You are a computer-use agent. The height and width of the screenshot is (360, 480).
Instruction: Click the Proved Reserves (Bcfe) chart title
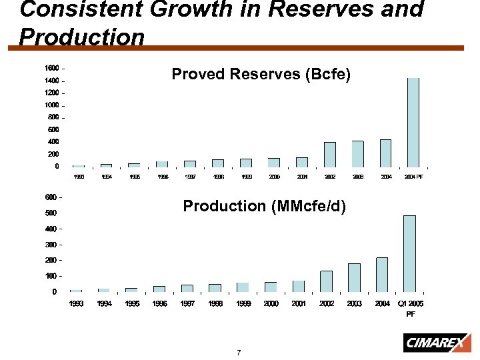pyautogui.click(x=260, y=74)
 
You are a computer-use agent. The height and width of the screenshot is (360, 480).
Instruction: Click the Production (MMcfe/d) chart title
pyautogui.click(x=264, y=206)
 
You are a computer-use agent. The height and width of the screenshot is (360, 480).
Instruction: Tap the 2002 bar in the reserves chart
pyautogui.click(x=329, y=154)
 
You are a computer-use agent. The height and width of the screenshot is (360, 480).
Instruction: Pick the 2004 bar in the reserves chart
pyautogui.click(x=385, y=153)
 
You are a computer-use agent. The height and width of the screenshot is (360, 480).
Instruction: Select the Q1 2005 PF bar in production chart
pyautogui.click(x=409, y=253)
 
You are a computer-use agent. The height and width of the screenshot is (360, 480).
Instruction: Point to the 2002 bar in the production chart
pyautogui.click(x=326, y=281)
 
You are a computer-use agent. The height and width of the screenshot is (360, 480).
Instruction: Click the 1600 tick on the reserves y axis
pyautogui.click(x=51, y=68)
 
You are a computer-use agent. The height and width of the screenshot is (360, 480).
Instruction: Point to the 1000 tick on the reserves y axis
pyautogui.click(x=51, y=105)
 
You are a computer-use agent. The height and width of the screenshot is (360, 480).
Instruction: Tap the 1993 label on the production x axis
pyautogui.click(x=77, y=304)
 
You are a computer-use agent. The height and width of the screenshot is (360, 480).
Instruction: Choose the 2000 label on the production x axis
pyautogui.click(x=271, y=304)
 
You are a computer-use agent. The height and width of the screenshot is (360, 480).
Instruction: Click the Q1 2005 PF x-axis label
pyautogui.click(x=411, y=308)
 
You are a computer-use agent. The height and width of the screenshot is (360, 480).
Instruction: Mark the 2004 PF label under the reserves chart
pyautogui.click(x=413, y=177)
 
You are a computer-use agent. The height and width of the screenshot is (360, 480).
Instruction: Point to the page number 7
pyautogui.click(x=238, y=352)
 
